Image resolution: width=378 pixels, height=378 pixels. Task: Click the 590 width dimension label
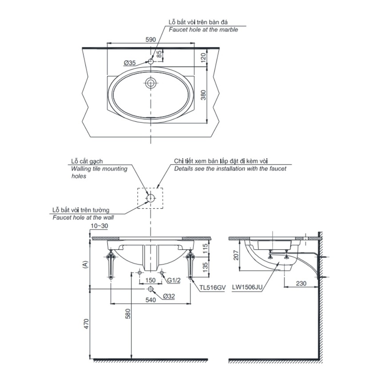click(x=151, y=39)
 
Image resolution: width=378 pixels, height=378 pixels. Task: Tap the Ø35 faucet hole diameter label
click(x=130, y=63)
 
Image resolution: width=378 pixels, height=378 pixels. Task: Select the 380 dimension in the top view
click(x=204, y=95)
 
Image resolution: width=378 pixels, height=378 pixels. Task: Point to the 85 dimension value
click(x=159, y=54)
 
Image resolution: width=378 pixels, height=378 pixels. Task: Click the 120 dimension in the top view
click(x=204, y=57)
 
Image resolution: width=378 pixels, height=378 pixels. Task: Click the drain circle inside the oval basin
click(x=151, y=83)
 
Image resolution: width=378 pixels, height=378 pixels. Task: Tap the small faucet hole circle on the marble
click(x=151, y=61)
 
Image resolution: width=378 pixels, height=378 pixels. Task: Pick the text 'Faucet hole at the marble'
click(x=203, y=30)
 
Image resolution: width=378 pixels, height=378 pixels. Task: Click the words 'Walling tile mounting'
click(x=99, y=169)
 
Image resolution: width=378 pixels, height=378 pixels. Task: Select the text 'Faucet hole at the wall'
click(x=83, y=217)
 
